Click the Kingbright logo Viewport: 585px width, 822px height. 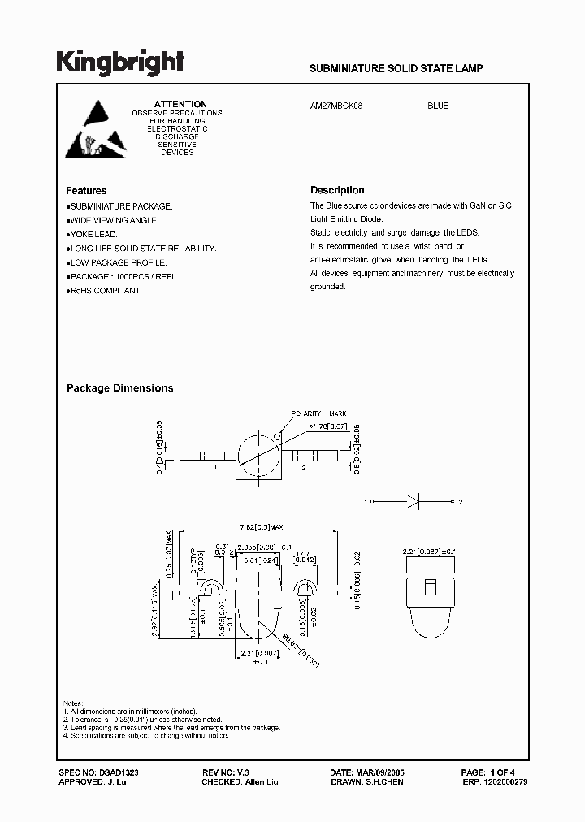coord(120,62)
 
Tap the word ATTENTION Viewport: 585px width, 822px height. coord(180,104)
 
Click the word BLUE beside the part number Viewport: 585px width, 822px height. coord(438,106)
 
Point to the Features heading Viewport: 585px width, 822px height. coord(86,191)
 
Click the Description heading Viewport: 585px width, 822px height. coord(337,191)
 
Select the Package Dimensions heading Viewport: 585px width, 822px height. coord(119,388)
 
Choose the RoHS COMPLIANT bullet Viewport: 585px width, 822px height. coord(106,290)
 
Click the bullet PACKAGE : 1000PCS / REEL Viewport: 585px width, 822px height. coord(123,276)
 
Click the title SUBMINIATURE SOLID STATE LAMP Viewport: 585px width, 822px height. coord(396,69)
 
